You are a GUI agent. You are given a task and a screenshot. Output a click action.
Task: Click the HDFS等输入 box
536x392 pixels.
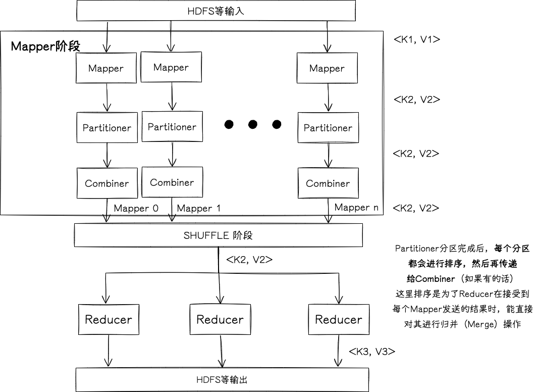point(217,11)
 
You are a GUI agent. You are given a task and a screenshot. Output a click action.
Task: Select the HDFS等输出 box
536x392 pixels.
point(222,379)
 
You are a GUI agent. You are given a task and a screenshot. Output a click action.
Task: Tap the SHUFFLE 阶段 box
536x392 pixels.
point(218,235)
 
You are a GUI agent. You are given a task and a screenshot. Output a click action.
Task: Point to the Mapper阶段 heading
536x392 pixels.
point(45,46)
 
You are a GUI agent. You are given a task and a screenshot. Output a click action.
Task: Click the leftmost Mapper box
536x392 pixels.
point(106,68)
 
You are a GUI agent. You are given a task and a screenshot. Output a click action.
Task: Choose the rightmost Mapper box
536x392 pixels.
point(327,68)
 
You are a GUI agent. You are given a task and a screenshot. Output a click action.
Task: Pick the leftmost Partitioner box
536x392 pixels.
point(106,128)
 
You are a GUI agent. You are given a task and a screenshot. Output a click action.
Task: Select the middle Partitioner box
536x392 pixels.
point(172,127)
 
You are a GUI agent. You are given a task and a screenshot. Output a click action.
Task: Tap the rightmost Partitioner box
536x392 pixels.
point(328,128)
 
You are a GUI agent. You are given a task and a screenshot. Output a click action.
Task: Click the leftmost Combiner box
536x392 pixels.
point(106,183)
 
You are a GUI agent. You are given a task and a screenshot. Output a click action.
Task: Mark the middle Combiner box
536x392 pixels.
point(172,182)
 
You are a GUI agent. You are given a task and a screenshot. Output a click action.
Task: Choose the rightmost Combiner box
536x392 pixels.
point(328,183)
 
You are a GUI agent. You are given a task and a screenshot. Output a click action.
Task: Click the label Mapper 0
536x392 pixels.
point(136,208)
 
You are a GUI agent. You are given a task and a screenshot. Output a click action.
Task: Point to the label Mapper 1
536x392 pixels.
point(199,208)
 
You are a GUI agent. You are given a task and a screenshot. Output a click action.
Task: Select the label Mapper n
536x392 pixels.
point(356,207)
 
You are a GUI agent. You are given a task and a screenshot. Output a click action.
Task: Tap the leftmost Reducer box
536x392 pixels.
point(109,319)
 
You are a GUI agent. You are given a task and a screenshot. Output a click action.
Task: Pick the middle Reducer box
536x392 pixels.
point(220,319)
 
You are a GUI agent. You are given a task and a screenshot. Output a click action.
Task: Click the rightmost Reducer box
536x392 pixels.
point(339,319)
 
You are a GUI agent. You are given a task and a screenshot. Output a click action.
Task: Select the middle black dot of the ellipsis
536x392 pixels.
point(253,124)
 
